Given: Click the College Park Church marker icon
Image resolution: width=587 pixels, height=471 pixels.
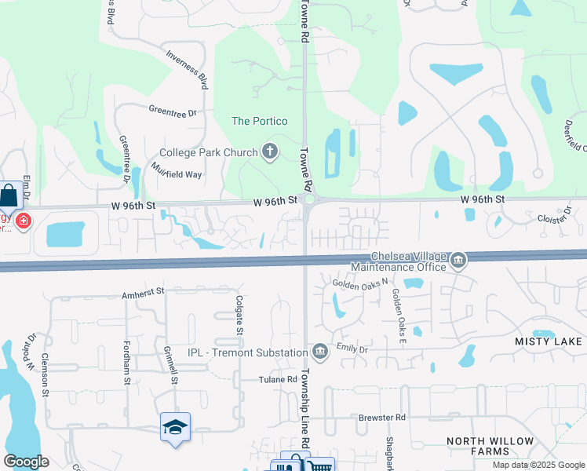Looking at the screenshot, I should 271,152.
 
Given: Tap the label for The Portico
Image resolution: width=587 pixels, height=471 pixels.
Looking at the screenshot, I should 259,121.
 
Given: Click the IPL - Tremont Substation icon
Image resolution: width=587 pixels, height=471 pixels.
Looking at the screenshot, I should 319,350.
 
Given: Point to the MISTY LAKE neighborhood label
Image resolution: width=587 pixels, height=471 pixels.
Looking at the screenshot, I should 549,341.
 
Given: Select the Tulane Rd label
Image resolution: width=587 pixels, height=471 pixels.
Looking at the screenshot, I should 279,380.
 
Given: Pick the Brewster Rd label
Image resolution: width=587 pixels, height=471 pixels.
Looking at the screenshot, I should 383,418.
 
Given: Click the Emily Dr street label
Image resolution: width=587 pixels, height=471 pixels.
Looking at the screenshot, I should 352,347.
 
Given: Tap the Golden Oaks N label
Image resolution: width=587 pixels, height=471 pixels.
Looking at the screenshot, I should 360,283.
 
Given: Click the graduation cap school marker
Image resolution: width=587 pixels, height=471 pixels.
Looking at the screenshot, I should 175,427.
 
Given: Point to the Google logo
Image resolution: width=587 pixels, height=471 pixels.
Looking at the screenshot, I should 26,462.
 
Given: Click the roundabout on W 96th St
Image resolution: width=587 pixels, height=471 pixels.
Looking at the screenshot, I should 310,200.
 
